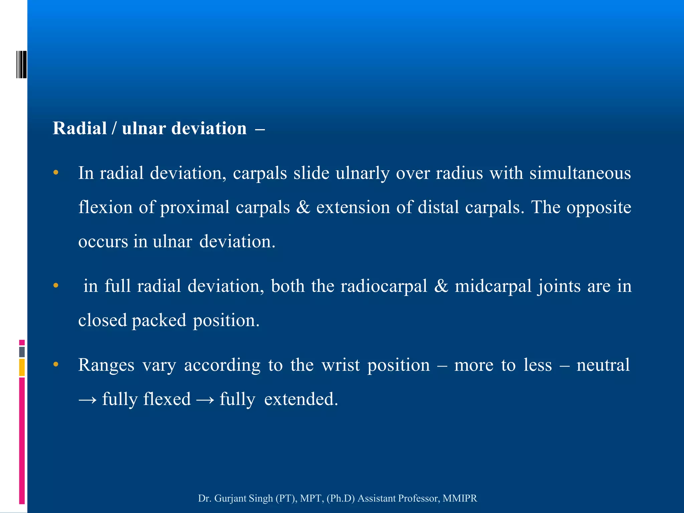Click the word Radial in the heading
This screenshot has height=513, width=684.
point(79,128)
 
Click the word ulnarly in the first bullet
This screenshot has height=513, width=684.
point(362,173)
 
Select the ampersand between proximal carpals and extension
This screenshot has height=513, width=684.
point(303,207)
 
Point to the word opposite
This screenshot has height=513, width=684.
point(599,207)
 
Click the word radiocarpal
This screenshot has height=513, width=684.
point(384,286)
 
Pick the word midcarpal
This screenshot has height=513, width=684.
point(493,286)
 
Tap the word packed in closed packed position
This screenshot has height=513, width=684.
point(159,320)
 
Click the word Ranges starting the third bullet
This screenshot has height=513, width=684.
point(106,365)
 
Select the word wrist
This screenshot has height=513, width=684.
point(341,365)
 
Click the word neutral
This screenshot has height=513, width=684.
point(603,365)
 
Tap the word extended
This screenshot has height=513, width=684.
point(301,399)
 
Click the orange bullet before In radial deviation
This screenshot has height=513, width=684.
point(56,173)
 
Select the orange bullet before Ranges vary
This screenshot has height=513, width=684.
point(56,364)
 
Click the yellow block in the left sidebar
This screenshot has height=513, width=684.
point(22,367)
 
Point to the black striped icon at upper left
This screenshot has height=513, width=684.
point(21,64)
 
